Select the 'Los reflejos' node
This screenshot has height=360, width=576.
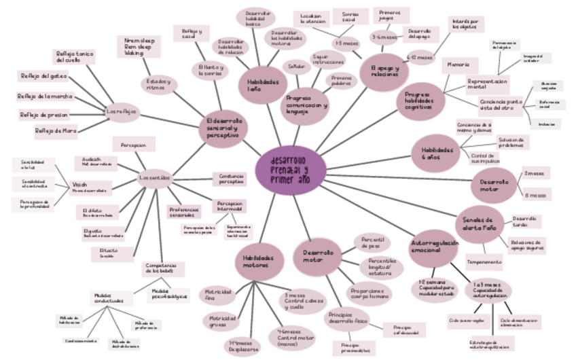123,111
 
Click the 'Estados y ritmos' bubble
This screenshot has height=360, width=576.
159,84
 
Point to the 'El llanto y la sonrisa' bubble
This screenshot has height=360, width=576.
211,70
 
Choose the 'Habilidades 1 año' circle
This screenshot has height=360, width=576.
262,85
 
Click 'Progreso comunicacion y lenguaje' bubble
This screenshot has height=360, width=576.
306,105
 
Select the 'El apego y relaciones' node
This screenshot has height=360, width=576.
384,71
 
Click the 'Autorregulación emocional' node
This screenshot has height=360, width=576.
434,247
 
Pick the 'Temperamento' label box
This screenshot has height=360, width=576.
484,261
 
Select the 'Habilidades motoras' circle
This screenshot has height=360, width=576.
259,262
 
